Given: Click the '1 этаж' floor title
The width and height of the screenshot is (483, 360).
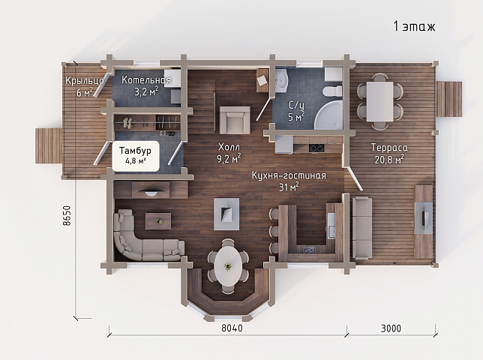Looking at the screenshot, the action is [414, 26].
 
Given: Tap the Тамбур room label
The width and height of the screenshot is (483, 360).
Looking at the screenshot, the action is [135, 151].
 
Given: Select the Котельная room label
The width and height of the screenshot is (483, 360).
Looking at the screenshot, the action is [146, 80].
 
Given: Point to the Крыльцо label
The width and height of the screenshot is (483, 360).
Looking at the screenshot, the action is [85, 81].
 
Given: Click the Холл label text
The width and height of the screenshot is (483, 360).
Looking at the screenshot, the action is [229, 146].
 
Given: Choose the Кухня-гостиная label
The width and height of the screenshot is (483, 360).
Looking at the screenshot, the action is [289, 175].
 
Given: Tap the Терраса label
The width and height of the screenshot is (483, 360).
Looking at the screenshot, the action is [389, 148].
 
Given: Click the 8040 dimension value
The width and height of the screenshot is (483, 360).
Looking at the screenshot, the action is [232, 328].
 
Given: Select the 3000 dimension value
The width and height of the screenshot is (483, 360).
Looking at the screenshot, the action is [391, 328].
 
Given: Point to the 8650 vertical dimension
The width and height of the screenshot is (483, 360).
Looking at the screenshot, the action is [67, 215].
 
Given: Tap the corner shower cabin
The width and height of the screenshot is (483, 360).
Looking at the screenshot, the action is [328, 114].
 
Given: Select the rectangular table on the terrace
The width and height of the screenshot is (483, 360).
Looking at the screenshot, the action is [379, 101].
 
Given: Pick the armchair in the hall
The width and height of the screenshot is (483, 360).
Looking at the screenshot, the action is [235, 120].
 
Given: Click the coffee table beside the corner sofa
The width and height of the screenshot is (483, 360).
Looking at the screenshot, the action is [158, 220].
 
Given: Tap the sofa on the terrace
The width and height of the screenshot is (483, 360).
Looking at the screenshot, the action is [362, 228].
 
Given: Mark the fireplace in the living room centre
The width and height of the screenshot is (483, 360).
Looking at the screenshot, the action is [226, 214].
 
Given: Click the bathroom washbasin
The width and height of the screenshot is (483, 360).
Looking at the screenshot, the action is [281, 81].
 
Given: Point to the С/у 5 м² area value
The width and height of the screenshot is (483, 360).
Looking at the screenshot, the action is [295, 117].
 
